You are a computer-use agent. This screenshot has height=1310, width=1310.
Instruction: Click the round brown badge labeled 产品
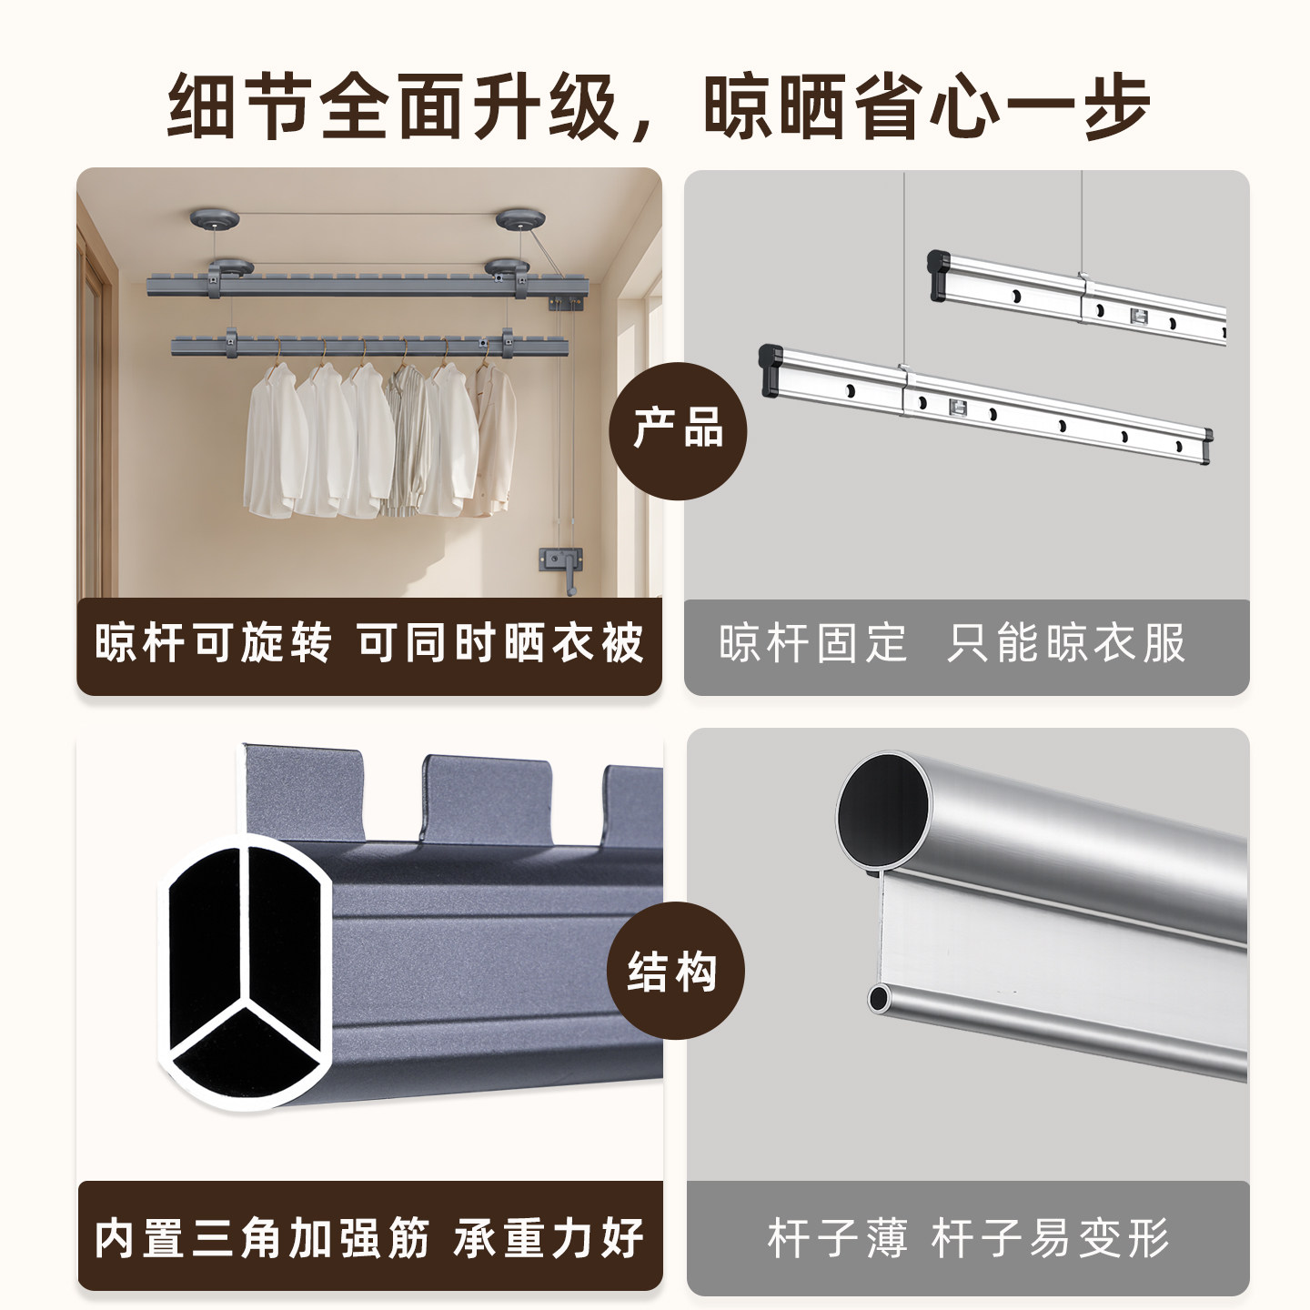coord(677,430)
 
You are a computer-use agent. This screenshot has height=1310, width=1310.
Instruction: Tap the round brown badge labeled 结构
coord(675,970)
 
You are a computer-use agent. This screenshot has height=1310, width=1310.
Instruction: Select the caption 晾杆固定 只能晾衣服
coord(952,642)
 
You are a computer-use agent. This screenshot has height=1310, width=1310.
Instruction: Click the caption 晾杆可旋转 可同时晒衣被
coord(368,642)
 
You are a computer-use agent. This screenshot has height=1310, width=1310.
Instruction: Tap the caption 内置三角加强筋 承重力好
coord(369,1239)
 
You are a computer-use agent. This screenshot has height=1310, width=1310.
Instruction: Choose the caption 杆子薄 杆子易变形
coord(968,1239)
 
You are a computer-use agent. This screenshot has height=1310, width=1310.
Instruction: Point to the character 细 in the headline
coord(202,106)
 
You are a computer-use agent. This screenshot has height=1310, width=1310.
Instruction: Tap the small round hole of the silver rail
coord(879,998)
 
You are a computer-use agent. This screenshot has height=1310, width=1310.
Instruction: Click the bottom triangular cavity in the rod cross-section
coord(244,1056)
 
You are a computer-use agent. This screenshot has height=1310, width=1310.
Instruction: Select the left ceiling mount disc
coord(214,219)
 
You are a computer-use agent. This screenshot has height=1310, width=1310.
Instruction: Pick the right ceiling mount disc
coord(520,219)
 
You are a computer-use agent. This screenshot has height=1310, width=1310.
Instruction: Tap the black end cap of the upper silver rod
coord(940,276)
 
